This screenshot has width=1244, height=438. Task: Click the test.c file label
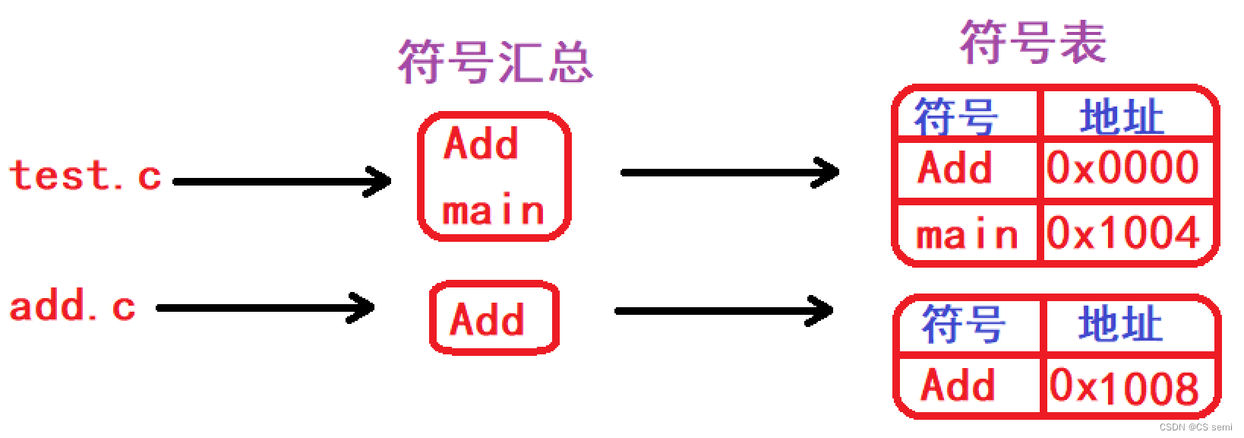coord(85,176)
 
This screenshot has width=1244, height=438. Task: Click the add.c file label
coord(73,306)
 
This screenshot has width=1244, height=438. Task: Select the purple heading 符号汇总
coord(495,62)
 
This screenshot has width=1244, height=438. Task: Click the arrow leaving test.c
coord(282,182)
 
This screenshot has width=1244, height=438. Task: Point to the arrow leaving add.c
coord(265,308)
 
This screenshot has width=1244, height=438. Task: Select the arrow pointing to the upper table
coord(730,173)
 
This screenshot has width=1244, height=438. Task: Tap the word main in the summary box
coord(494,211)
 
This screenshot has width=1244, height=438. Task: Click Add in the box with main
coord(481,143)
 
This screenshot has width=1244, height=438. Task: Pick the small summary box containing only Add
coord(494,318)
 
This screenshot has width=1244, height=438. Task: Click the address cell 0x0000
coord(1123,168)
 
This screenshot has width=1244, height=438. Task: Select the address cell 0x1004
coord(1123,233)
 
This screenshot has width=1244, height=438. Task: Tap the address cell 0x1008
coord(1125,386)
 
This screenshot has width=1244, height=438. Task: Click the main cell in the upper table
coord(967,234)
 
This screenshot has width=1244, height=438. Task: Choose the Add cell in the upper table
coord(955,168)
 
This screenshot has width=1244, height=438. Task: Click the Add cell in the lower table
coord(958,385)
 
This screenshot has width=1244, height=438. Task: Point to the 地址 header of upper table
coord(1122,117)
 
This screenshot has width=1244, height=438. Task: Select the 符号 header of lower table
coord(964,325)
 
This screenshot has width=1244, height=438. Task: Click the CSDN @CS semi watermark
coord(1195,427)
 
